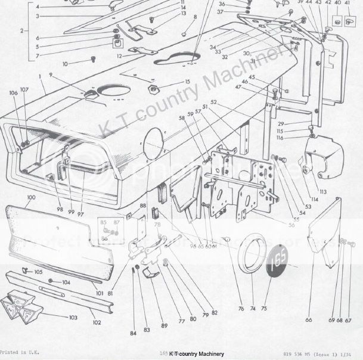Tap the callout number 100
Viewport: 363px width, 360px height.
(x=31, y=197)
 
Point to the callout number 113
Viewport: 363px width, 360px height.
(x=322, y=192)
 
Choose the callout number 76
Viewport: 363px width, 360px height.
(x=241, y=309)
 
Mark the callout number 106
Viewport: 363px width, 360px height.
(x=13, y=92)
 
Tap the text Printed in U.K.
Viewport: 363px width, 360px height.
(x=20, y=353)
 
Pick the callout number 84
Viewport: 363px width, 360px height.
(x=133, y=332)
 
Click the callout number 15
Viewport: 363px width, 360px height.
(x=187, y=82)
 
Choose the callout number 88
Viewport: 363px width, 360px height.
(x=142, y=206)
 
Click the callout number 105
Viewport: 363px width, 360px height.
(x=38, y=272)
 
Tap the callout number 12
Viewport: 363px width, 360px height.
(x=119, y=56)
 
